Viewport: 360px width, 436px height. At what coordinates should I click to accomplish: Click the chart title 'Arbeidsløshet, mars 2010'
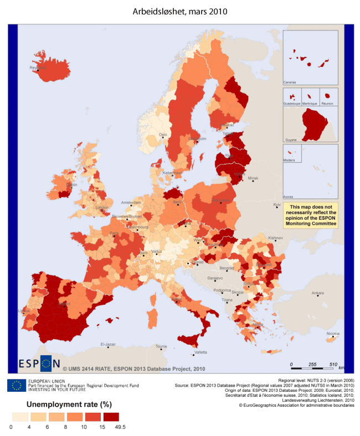[179, 11]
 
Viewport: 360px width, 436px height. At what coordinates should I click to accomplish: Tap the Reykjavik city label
[39, 68]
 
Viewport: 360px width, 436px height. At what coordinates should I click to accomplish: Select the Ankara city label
[317, 293]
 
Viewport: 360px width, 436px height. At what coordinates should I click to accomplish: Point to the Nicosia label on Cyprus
[332, 333]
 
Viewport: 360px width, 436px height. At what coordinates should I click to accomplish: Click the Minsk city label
[253, 178]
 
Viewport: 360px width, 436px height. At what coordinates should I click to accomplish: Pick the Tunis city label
[161, 346]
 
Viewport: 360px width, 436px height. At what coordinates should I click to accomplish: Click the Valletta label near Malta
[202, 352]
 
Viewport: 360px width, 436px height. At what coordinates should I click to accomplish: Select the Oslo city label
[163, 134]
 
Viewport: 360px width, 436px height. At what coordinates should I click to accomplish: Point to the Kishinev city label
[275, 238]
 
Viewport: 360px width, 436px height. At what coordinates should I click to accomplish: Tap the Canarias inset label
[290, 81]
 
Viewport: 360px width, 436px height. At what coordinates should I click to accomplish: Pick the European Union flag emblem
[17, 385]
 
